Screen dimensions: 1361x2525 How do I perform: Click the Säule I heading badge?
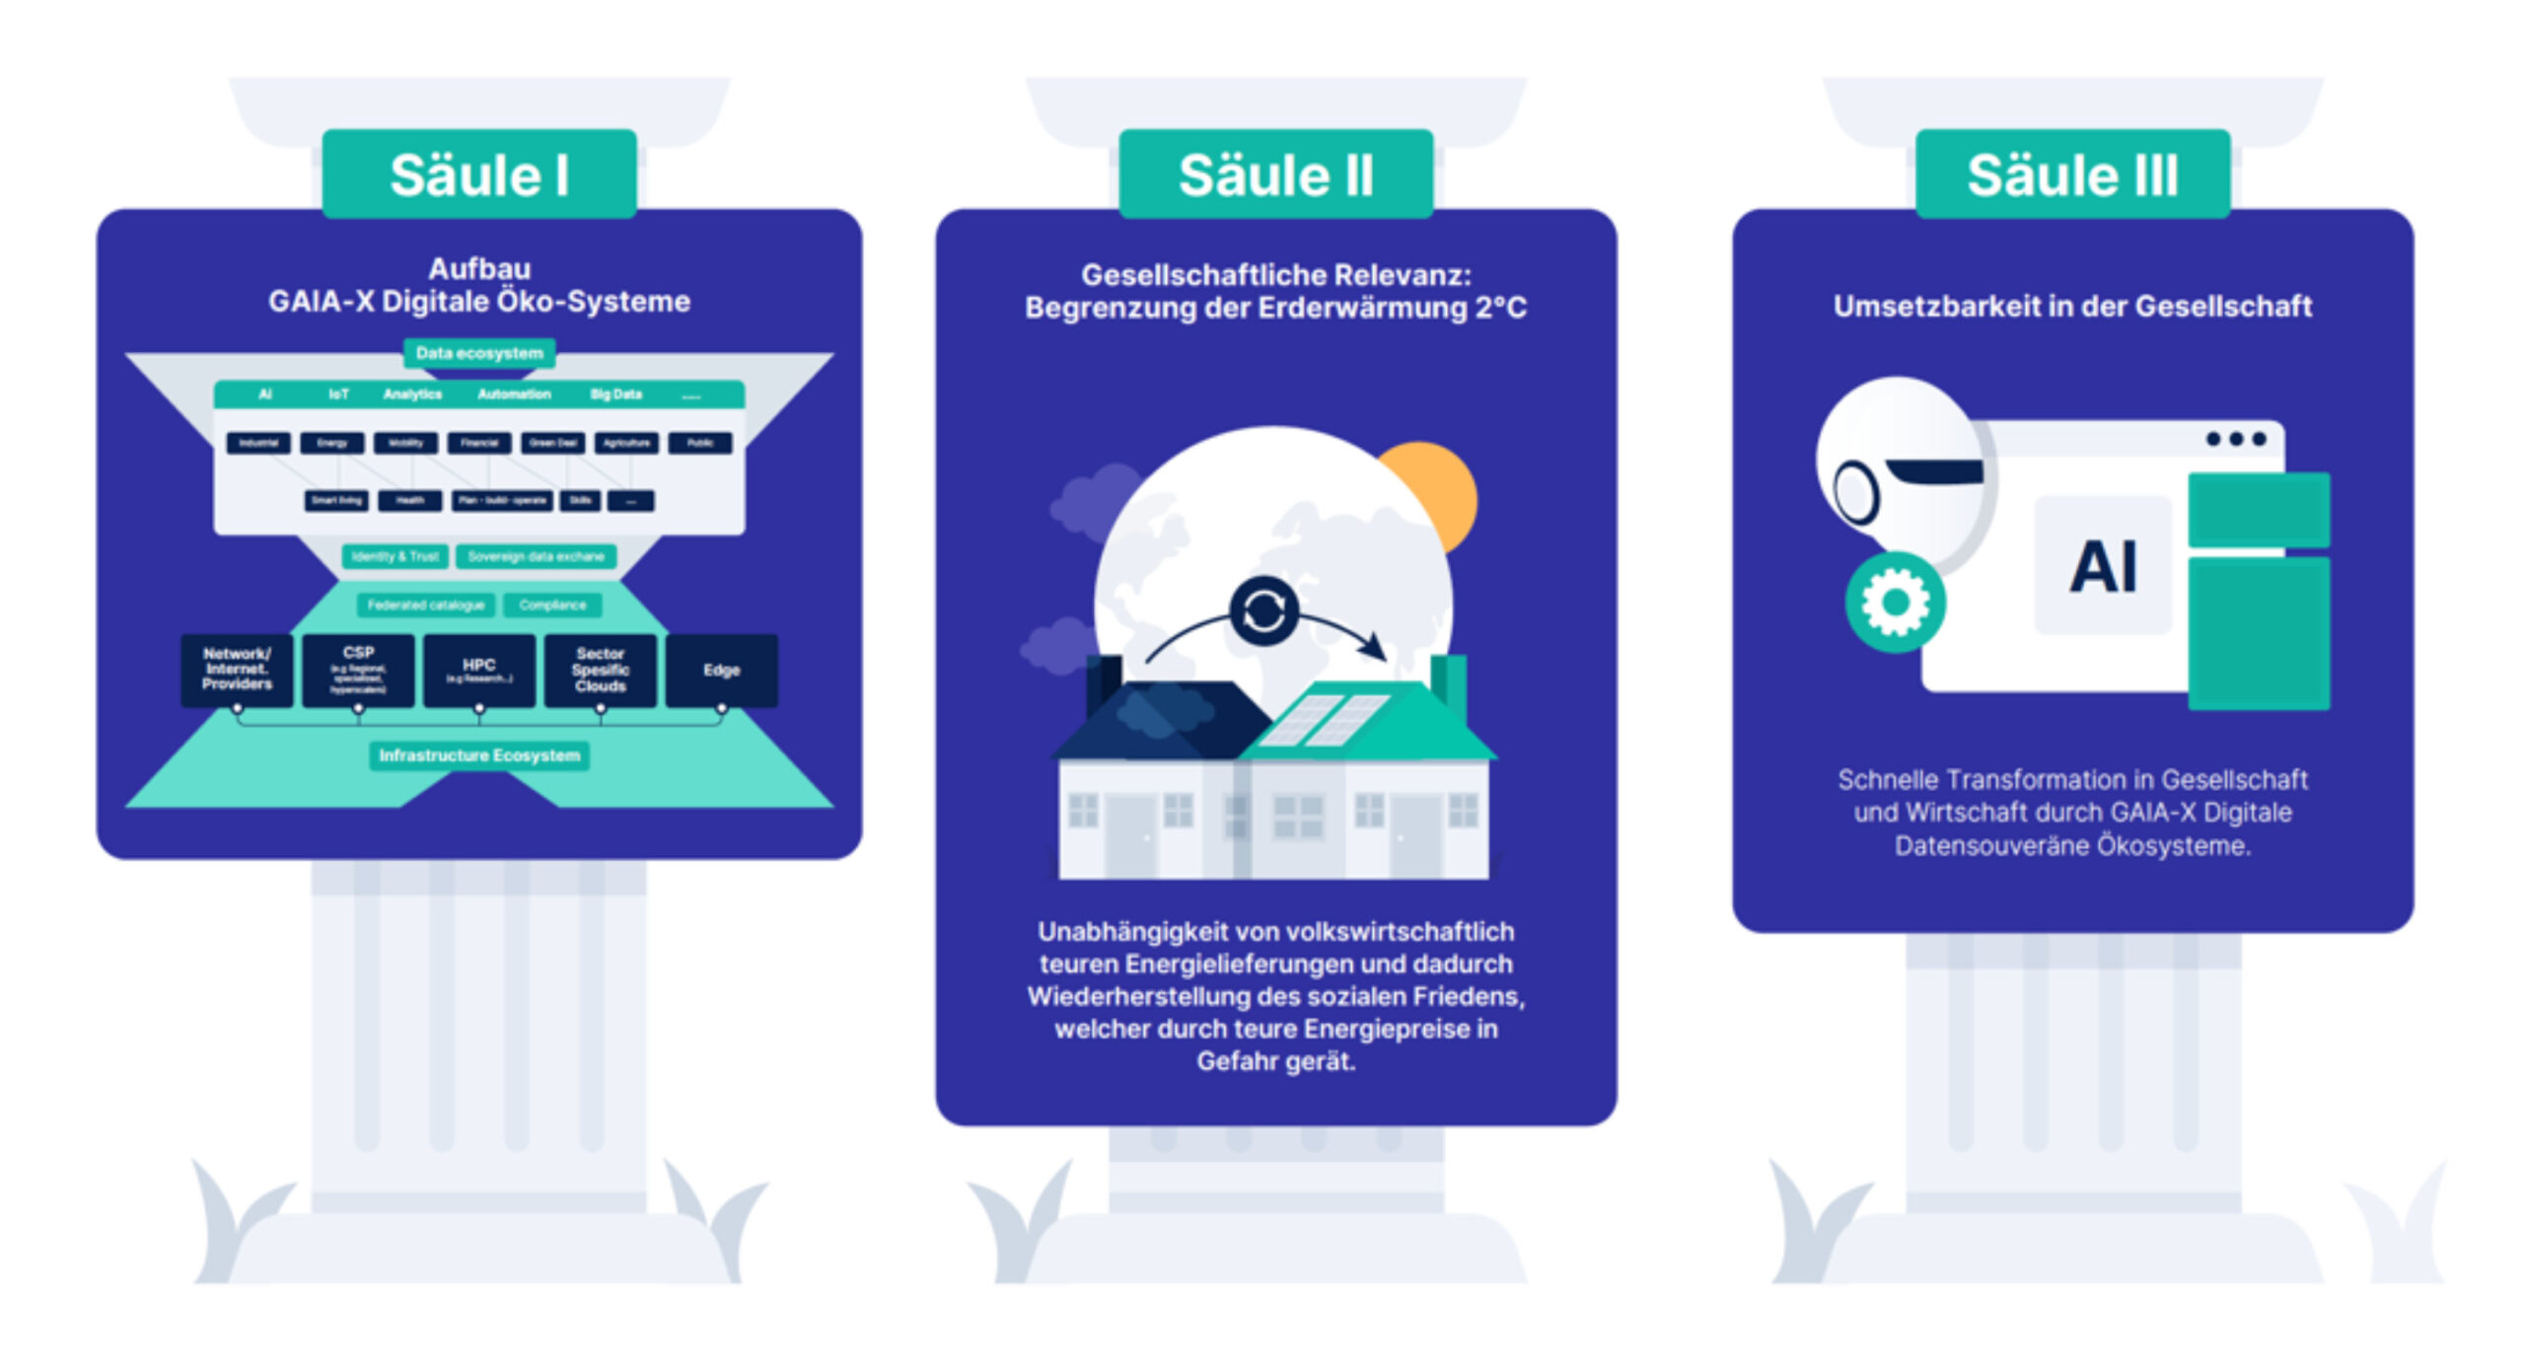tap(479, 175)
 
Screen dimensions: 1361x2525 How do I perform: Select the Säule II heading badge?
tap(1275, 175)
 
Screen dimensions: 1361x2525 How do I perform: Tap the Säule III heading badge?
tap(2072, 175)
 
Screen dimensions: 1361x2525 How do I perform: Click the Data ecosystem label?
tap(479, 353)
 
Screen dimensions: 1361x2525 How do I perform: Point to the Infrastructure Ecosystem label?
tap(479, 755)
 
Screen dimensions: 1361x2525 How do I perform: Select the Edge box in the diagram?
tap(721, 671)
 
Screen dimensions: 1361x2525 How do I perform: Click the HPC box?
tap(479, 671)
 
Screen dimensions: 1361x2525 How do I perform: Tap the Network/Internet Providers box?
tap(237, 671)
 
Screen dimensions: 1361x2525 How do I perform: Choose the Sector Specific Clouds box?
tap(601, 671)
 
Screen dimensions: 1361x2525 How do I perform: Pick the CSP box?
tap(358, 671)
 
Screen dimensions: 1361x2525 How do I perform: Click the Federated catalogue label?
tap(426, 605)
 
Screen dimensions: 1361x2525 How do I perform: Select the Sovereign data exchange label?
tap(536, 556)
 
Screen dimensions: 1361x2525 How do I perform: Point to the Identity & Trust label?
tap(396, 556)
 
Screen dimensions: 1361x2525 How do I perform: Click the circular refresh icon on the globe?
tap(1263, 611)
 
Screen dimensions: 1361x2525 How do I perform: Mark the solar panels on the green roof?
tap(1327, 719)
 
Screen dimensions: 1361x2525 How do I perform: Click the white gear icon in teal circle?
tap(1895, 602)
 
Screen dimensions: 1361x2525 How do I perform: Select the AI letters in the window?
tap(2103, 567)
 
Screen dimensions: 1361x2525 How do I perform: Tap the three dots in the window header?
tap(2236, 439)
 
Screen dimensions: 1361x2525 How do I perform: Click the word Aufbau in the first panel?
tap(479, 268)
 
